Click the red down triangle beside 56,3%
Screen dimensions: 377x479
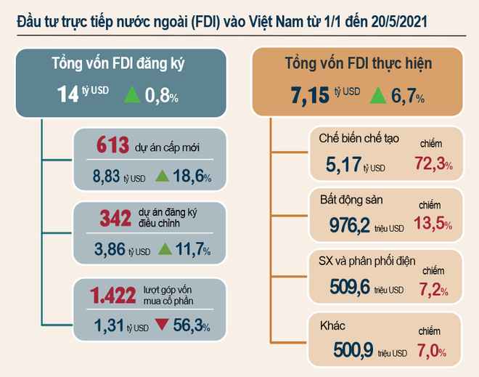(x=162, y=325)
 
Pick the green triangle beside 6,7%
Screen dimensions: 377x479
(x=378, y=94)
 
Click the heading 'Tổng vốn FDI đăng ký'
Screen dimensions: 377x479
(x=118, y=62)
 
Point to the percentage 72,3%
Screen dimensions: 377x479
(x=433, y=165)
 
